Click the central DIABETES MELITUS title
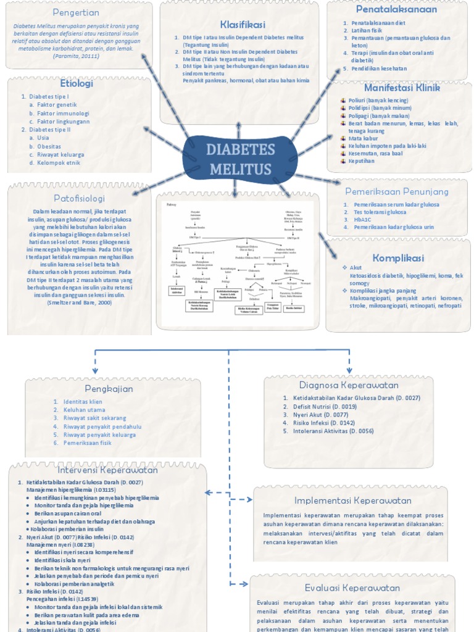coord(240,159)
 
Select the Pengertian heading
coord(76,12)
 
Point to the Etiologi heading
coord(77,83)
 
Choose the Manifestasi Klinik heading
coord(402,88)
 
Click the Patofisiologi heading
coord(78,199)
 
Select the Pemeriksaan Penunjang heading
coord(397,191)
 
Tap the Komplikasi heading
coord(398,257)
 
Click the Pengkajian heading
coord(108,388)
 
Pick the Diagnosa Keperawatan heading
coord(349,385)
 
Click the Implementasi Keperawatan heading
coord(352,501)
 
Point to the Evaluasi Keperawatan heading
coord(352,588)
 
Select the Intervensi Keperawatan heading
coord(107,470)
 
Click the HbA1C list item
coord(363,220)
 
